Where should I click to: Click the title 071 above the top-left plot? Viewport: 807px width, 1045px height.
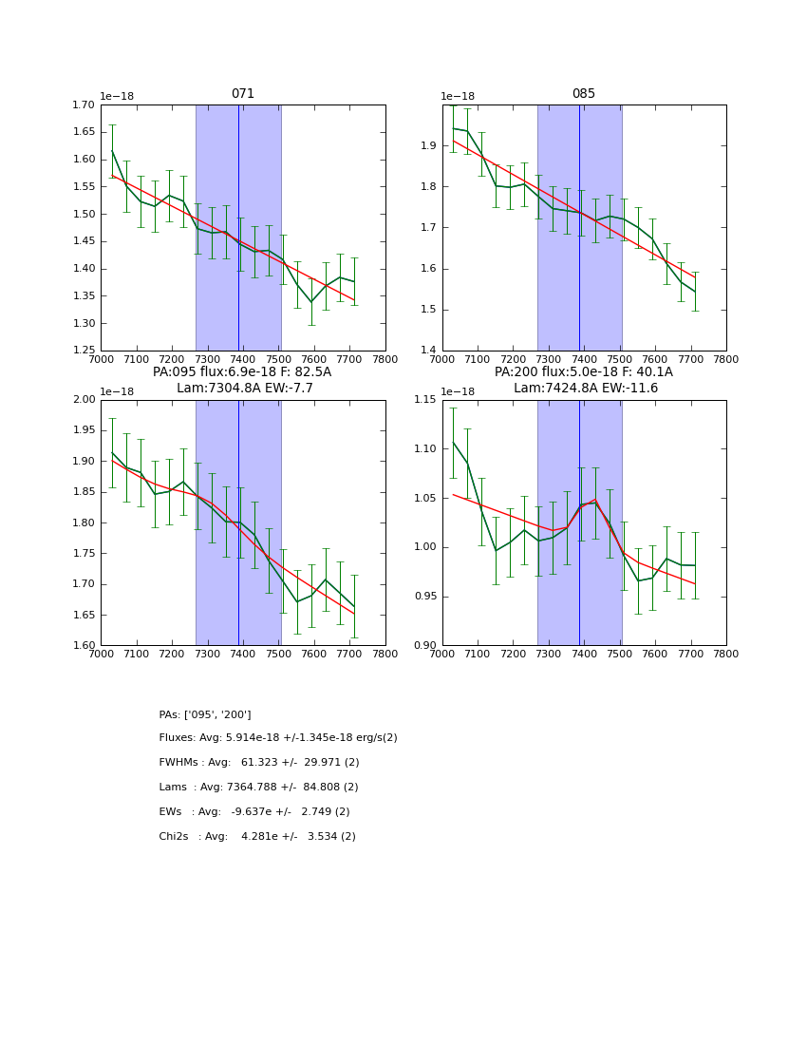243,94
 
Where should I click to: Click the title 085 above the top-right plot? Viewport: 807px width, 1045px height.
584,94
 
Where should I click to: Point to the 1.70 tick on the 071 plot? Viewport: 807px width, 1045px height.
84,104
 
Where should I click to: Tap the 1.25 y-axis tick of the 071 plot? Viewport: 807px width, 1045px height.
84,351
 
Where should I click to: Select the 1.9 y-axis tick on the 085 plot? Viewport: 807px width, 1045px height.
429,145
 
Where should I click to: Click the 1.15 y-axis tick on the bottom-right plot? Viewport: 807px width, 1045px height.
425,400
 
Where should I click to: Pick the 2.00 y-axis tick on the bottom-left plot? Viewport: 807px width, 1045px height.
84,400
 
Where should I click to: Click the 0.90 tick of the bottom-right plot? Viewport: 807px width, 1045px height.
425,646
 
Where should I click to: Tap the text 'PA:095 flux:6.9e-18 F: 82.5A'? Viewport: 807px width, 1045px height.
242,372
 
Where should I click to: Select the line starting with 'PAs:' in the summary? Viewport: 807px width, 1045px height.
205,714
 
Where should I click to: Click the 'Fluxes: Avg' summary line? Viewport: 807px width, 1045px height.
278,738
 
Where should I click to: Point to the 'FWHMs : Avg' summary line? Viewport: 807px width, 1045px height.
259,763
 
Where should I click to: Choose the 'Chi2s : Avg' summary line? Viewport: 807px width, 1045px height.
257,837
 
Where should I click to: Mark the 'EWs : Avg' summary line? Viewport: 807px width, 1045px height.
254,812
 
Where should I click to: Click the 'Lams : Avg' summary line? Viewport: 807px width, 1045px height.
258,788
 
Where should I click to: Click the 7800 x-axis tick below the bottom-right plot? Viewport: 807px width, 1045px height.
726,655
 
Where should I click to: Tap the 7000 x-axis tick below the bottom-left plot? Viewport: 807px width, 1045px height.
101,655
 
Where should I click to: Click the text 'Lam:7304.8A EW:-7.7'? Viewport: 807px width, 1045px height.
245,389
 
